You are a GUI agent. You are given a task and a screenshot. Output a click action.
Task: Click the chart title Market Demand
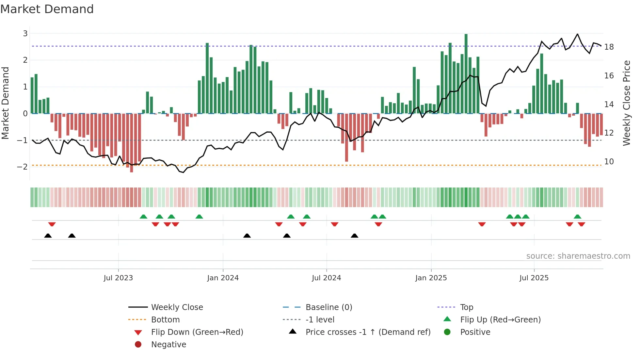point(47,9)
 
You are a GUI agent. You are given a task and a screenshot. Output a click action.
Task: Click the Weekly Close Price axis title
point(626,103)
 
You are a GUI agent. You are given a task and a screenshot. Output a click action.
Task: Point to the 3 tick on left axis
point(25,33)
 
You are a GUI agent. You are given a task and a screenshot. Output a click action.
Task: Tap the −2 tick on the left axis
point(22,167)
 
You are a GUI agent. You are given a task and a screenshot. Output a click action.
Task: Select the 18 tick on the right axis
point(609,47)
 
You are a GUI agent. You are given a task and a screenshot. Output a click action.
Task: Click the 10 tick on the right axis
point(609,161)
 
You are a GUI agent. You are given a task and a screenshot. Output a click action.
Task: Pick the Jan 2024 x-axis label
point(223,278)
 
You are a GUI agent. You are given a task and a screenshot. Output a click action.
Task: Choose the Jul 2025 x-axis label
point(534,278)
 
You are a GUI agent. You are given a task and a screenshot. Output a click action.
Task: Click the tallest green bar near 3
point(466,74)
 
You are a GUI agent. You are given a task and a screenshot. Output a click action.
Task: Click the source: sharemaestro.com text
point(578,256)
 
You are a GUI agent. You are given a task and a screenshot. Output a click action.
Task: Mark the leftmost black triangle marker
point(48,236)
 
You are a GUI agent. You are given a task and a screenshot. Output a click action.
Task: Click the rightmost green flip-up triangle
point(577,217)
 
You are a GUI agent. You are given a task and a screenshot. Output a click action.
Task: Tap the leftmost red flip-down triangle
point(52,224)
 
